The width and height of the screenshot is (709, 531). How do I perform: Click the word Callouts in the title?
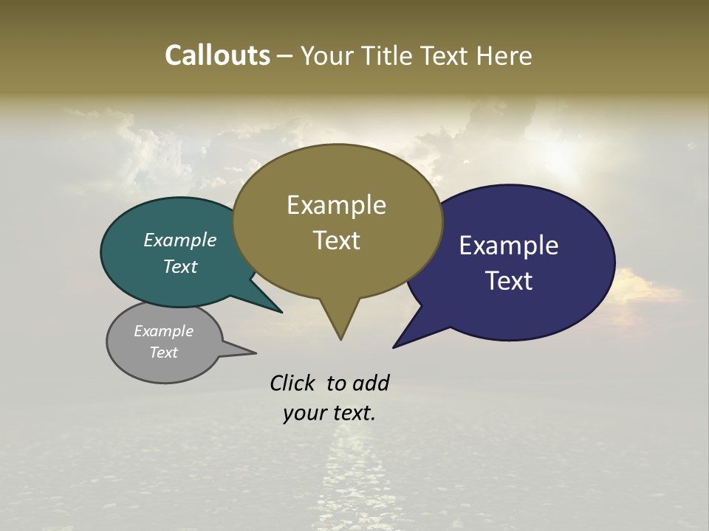(217, 55)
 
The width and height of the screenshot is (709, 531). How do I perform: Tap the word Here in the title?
(504, 55)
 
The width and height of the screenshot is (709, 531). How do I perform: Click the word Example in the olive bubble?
(336, 205)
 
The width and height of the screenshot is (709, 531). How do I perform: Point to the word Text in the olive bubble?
(336, 240)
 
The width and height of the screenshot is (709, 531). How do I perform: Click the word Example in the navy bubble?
(509, 246)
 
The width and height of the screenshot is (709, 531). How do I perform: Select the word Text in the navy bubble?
(509, 281)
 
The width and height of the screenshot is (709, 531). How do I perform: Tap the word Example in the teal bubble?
(180, 240)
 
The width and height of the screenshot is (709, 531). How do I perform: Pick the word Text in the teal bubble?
(180, 267)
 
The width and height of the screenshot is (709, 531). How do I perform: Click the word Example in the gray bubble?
(164, 331)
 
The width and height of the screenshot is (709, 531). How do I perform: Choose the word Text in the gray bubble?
(164, 353)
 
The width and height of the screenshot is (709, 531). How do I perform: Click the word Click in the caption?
(293, 383)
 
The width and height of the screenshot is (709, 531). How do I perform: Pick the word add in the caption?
(371, 383)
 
